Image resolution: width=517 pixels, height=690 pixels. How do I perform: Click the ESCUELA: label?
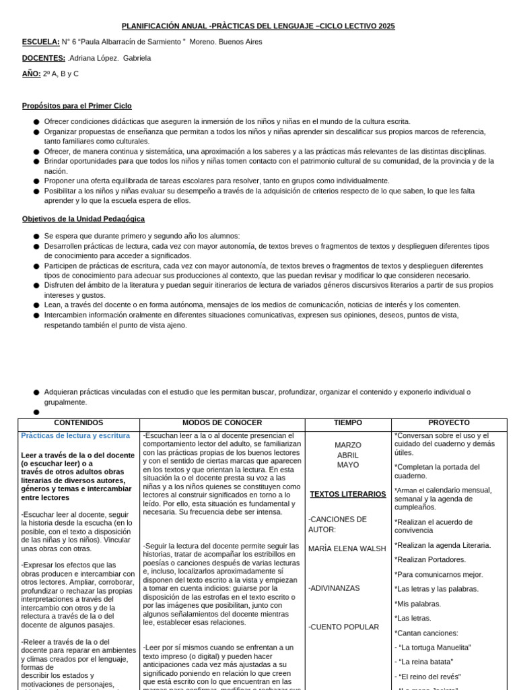40,42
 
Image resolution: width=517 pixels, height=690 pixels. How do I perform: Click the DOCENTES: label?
44,58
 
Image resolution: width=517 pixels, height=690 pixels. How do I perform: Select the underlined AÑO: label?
31,73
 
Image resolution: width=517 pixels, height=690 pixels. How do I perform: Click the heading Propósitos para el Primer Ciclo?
77,106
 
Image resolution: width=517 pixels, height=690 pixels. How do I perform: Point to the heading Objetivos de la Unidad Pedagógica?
83,219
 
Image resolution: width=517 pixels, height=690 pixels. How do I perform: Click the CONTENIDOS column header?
78,422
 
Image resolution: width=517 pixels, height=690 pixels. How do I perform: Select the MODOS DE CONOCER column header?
221,422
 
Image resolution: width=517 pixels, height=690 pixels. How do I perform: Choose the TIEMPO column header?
347,422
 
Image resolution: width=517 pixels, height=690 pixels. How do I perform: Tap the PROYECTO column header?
448,422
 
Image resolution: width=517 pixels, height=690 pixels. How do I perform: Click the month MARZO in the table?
347,445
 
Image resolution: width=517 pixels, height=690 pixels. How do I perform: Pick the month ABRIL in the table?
347,456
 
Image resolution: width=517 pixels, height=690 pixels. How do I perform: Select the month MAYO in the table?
347,465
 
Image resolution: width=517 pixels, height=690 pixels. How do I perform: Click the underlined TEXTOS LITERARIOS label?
347,494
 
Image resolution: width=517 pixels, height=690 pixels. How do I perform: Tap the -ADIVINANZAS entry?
334,588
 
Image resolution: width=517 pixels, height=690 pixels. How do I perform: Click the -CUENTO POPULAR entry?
343,627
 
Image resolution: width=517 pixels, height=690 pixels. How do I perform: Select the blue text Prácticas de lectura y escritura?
75,436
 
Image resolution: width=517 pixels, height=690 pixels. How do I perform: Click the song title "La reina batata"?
425,662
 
